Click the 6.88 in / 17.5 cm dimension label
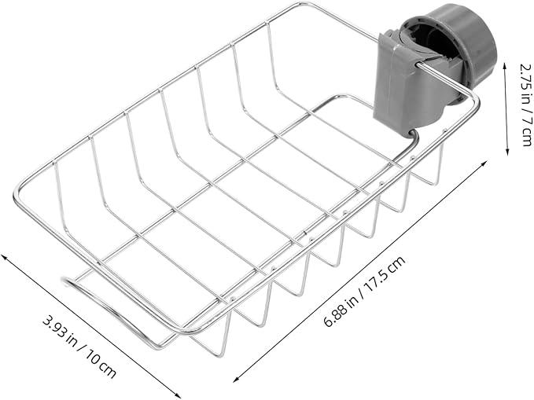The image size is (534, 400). coord(364,292)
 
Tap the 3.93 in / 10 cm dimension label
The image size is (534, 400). coord(79,347)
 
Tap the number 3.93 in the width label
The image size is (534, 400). coord(53,326)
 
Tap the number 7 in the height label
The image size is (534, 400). coord(525,115)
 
